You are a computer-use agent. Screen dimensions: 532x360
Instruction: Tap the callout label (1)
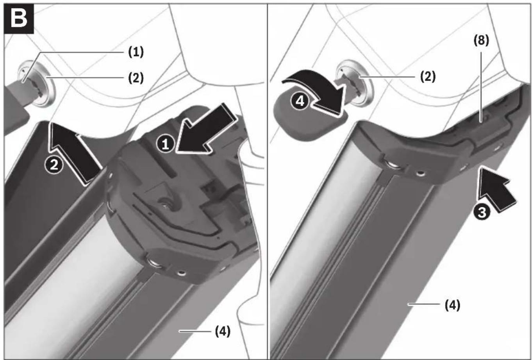136,52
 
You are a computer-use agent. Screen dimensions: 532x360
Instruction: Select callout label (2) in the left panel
136,78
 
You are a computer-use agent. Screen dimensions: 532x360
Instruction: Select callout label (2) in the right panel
428,77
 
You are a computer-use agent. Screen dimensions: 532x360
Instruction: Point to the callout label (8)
481,40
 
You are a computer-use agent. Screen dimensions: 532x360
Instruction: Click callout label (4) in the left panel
223,331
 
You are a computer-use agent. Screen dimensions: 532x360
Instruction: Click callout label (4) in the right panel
452,305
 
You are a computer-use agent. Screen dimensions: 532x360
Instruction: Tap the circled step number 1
165,144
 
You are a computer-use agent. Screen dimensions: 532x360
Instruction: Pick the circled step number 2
54,165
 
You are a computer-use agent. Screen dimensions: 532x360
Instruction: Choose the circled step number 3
482,212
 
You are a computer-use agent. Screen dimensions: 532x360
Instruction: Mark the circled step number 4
300,101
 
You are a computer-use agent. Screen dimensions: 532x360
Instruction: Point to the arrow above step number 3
495,188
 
